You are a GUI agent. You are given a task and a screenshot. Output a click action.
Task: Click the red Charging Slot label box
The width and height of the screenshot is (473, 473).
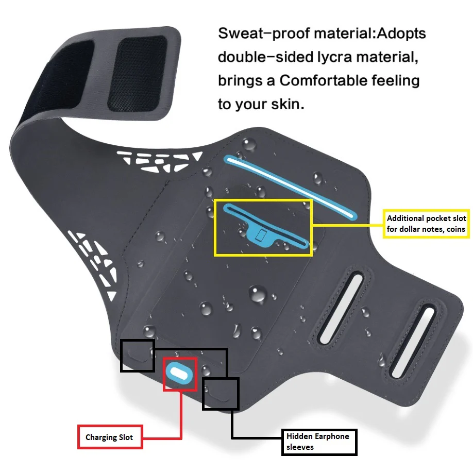coord(110,437)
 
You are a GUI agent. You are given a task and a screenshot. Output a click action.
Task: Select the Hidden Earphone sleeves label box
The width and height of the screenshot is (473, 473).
coord(319,442)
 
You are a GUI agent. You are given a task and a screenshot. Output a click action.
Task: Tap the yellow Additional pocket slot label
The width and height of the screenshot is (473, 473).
coord(426,224)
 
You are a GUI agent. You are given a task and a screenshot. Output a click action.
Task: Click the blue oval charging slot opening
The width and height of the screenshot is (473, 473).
coord(179,374)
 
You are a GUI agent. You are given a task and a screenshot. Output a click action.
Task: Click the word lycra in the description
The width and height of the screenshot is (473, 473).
coord(334,57)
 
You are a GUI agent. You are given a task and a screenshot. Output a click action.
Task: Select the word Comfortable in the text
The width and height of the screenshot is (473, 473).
coord(323,80)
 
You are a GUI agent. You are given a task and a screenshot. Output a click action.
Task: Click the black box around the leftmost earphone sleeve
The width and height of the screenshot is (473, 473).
coord(138,356)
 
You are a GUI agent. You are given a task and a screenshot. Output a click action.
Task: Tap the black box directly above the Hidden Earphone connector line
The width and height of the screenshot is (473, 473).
coord(221,394)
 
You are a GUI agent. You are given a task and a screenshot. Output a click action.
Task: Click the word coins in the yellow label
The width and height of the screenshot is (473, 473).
coord(456,229)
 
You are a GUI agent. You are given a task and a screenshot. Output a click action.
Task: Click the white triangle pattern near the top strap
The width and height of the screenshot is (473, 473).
coord(159,160)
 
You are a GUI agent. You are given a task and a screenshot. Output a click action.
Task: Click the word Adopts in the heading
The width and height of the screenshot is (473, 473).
coord(401,34)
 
